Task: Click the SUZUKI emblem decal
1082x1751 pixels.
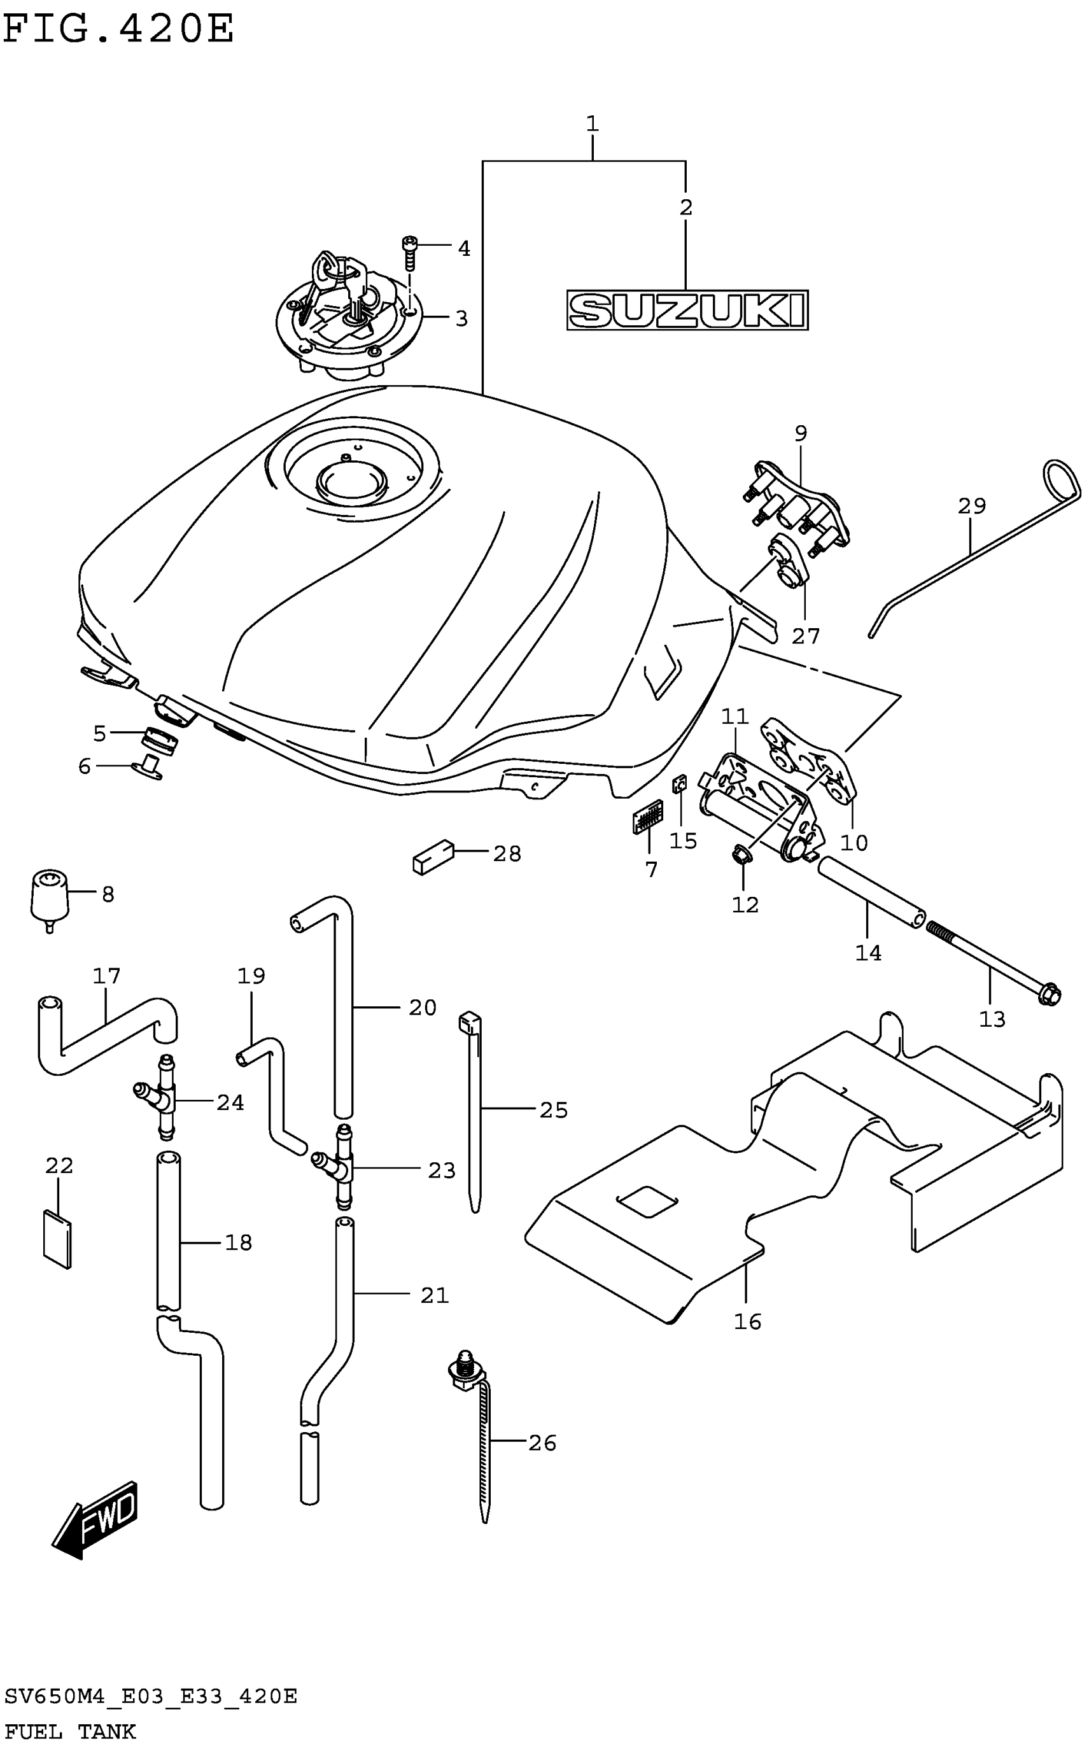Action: click(687, 310)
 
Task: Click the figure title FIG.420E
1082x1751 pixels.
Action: click(118, 29)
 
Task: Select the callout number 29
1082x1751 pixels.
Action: click(972, 506)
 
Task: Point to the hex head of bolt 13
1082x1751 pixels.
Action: click(1049, 995)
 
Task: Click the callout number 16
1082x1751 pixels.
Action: click(747, 1321)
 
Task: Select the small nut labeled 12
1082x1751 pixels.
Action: click(741, 854)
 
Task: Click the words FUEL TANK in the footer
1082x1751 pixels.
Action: click(70, 1731)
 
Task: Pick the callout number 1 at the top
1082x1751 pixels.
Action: click(592, 123)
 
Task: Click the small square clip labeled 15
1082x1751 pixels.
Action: click(680, 784)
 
